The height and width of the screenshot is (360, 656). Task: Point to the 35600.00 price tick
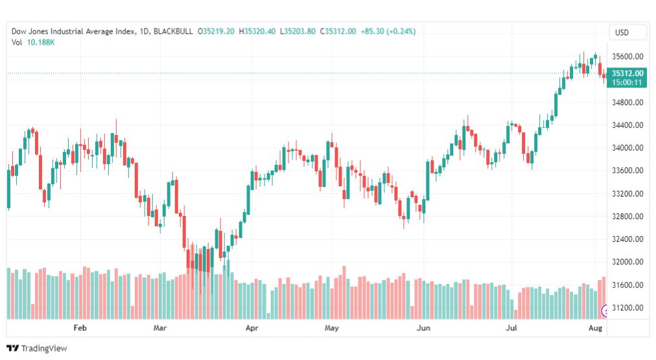(628, 56)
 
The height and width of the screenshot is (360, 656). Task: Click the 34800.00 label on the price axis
(628, 102)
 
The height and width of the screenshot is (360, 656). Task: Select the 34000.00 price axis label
(628, 148)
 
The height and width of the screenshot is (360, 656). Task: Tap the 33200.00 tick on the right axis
(628, 193)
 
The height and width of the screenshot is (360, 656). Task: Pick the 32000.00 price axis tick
(628, 262)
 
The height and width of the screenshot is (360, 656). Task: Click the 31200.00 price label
(628, 307)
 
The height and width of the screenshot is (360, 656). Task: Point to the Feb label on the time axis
(79, 328)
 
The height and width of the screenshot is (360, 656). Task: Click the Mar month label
(160, 328)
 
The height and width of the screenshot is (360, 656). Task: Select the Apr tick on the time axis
(252, 328)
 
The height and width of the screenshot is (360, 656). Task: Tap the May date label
(332, 328)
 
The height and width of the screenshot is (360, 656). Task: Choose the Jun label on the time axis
(423, 328)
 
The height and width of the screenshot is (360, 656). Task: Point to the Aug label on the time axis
(596, 328)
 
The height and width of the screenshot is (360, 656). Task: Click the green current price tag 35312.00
(628, 73)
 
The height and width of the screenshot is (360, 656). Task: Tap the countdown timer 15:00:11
(628, 82)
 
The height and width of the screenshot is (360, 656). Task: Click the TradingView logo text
(43, 348)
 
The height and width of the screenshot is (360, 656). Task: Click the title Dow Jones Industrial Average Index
(73, 31)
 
